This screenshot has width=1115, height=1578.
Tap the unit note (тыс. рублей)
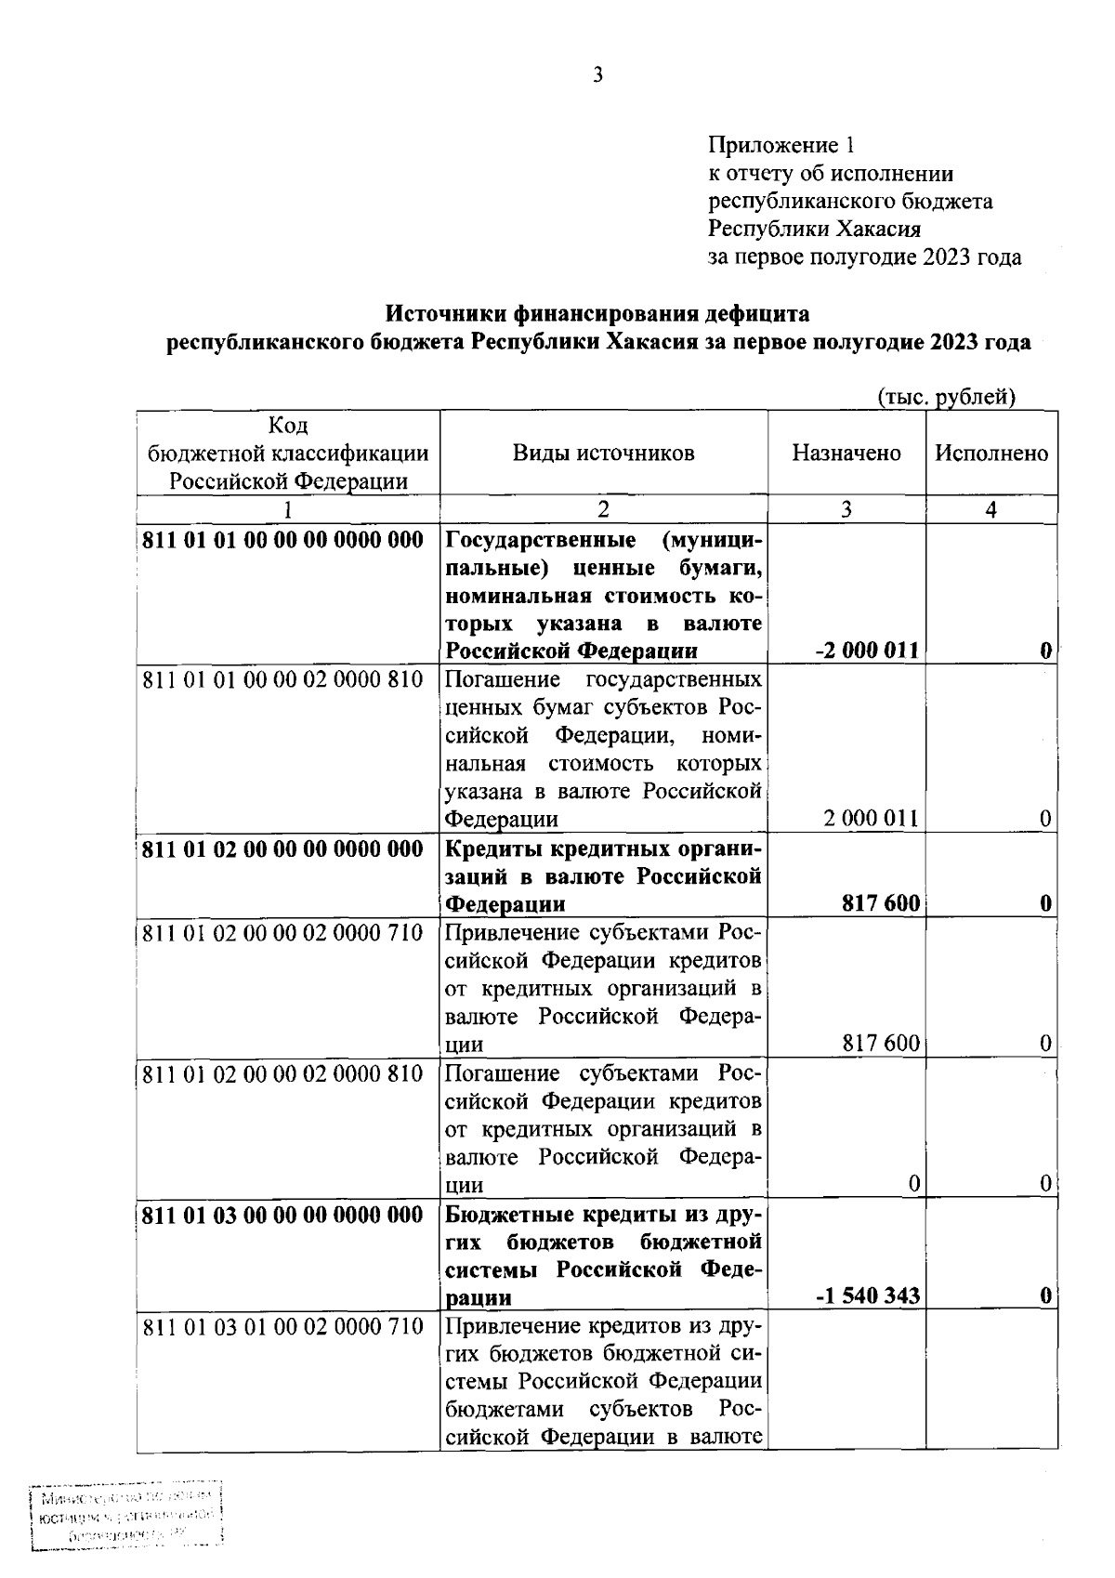point(947,397)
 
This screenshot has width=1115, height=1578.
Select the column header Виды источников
point(603,453)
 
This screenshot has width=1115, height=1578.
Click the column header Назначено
point(846,453)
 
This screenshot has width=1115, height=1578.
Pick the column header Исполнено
point(990,453)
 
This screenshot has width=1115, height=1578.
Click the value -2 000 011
point(866,651)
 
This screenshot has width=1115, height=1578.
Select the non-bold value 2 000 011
point(871,819)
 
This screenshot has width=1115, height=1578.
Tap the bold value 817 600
point(881,903)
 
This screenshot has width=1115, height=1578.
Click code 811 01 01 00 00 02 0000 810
point(282,679)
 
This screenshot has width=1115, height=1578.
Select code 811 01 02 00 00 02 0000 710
point(282,932)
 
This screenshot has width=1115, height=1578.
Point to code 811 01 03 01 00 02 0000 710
point(282,1325)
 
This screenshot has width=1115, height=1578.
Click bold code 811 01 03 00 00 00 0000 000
point(282,1214)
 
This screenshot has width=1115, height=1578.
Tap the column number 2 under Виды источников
point(603,509)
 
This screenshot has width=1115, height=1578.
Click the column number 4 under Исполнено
point(990,509)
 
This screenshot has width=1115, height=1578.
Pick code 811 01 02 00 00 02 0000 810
point(282,1073)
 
